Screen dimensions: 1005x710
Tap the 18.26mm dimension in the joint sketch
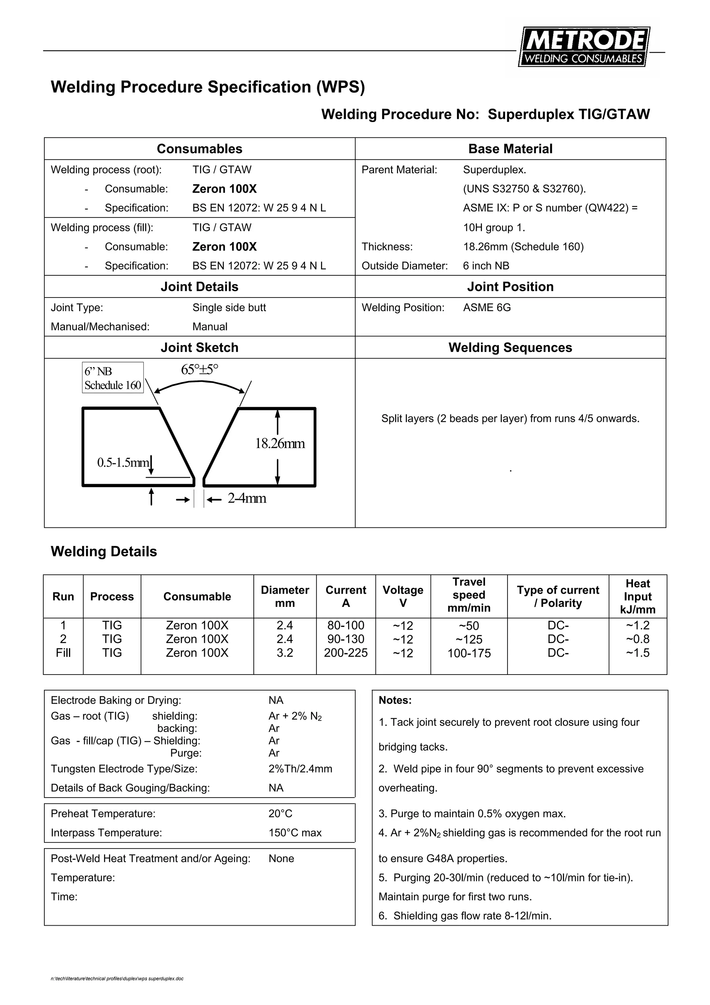coord(280,444)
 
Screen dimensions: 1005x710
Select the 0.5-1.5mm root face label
coord(123,462)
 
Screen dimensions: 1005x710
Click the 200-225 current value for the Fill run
coord(346,653)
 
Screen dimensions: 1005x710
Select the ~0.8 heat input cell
coord(638,639)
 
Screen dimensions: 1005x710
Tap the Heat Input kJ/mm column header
coord(638,596)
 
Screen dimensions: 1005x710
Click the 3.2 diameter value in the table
coord(284,653)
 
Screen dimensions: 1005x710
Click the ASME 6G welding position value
coord(487,308)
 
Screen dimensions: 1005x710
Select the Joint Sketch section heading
coord(199,347)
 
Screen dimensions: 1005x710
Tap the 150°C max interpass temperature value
coord(295,833)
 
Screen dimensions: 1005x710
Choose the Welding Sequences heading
coord(510,347)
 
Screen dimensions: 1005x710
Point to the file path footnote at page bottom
coord(117,979)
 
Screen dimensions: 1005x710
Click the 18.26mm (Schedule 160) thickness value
coord(523,247)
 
